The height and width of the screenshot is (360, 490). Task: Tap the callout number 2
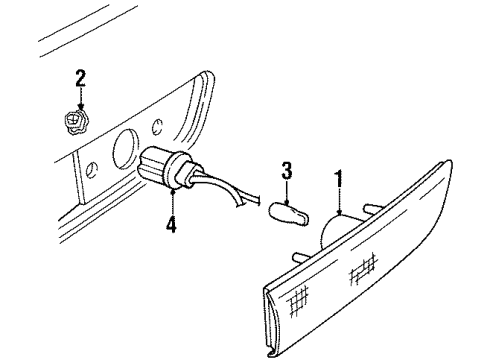(x=80, y=76)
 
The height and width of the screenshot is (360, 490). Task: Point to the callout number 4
(x=171, y=226)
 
